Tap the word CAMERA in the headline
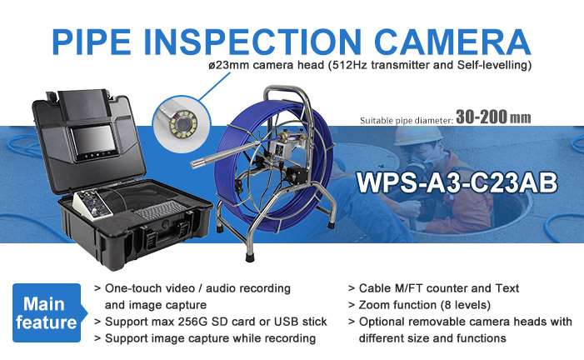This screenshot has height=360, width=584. (x=452, y=42)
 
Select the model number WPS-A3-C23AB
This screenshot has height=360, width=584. (x=457, y=182)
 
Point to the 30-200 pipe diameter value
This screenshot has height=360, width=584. (x=481, y=117)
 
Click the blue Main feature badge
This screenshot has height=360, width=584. (x=47, y=312)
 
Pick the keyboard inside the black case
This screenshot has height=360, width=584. (x=159, y=210)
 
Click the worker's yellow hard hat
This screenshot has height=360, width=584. (x=417, y=136)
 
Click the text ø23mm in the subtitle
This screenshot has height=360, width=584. (x=228, y=65)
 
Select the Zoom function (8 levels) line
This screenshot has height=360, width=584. (x=425, y=305)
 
